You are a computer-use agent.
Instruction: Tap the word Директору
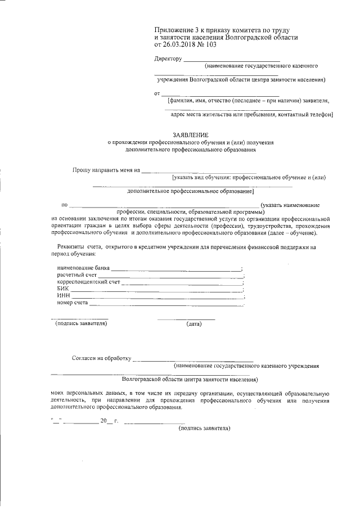pos(168,58)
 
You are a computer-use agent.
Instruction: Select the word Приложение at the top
pos(172,29)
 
